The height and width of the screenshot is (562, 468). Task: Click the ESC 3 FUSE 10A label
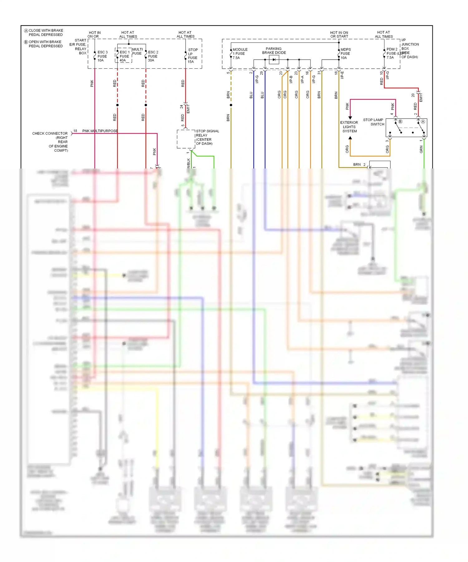102,56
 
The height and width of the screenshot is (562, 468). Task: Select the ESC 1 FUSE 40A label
124,56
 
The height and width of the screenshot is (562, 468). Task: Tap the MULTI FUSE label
137,51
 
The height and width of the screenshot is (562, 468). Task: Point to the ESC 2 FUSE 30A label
153,56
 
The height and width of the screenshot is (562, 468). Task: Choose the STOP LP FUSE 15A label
193,56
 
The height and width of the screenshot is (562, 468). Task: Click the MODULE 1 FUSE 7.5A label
240,54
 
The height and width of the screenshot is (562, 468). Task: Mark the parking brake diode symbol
274,60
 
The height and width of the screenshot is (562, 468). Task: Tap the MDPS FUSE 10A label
345,54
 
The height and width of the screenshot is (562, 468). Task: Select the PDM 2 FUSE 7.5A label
392,53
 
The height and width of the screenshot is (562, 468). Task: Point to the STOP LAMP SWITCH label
374,122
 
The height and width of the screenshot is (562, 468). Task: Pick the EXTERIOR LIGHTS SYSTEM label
349,127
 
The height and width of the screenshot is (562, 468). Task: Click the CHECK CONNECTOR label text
50,134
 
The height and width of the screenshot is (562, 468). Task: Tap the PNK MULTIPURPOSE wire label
100,131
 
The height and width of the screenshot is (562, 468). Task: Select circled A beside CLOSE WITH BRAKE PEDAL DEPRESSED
26,31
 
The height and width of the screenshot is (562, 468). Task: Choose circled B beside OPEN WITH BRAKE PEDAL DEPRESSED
26,42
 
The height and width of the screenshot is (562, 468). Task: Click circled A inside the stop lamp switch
423,122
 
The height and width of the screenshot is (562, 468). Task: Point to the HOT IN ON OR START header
339,35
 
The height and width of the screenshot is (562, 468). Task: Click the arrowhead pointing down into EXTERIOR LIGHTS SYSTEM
350,118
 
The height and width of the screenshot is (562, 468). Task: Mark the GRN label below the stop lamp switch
421,149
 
